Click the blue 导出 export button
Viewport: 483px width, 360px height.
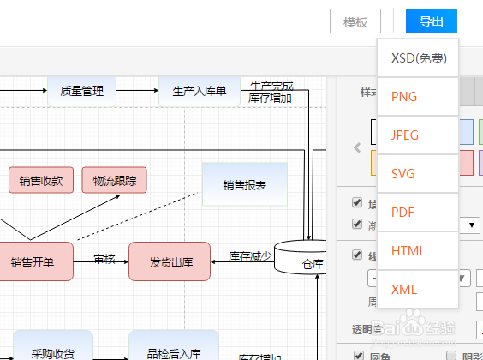[432, 21]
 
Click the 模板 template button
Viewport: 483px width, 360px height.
[355, 22]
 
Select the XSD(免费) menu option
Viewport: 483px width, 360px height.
[418, 58]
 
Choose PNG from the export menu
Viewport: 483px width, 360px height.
[404, 97]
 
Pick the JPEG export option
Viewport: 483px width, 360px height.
[406, 135]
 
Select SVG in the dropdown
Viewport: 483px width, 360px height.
[403, 174]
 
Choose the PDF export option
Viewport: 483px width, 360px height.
[403, 213]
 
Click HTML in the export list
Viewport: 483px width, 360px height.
[408, 251]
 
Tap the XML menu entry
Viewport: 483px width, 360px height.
[404, 290]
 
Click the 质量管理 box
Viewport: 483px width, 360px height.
[81, 90]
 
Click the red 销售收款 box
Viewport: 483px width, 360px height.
[41, 181]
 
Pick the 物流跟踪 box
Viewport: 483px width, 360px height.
[114, 181]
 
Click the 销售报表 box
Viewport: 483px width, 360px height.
[244, 184]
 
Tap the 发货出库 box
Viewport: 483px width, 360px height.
[169, 261]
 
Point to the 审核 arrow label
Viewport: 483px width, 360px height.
[104, 259]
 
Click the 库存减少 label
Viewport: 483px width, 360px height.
[250, 255]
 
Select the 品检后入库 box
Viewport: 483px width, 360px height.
[173, 351]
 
